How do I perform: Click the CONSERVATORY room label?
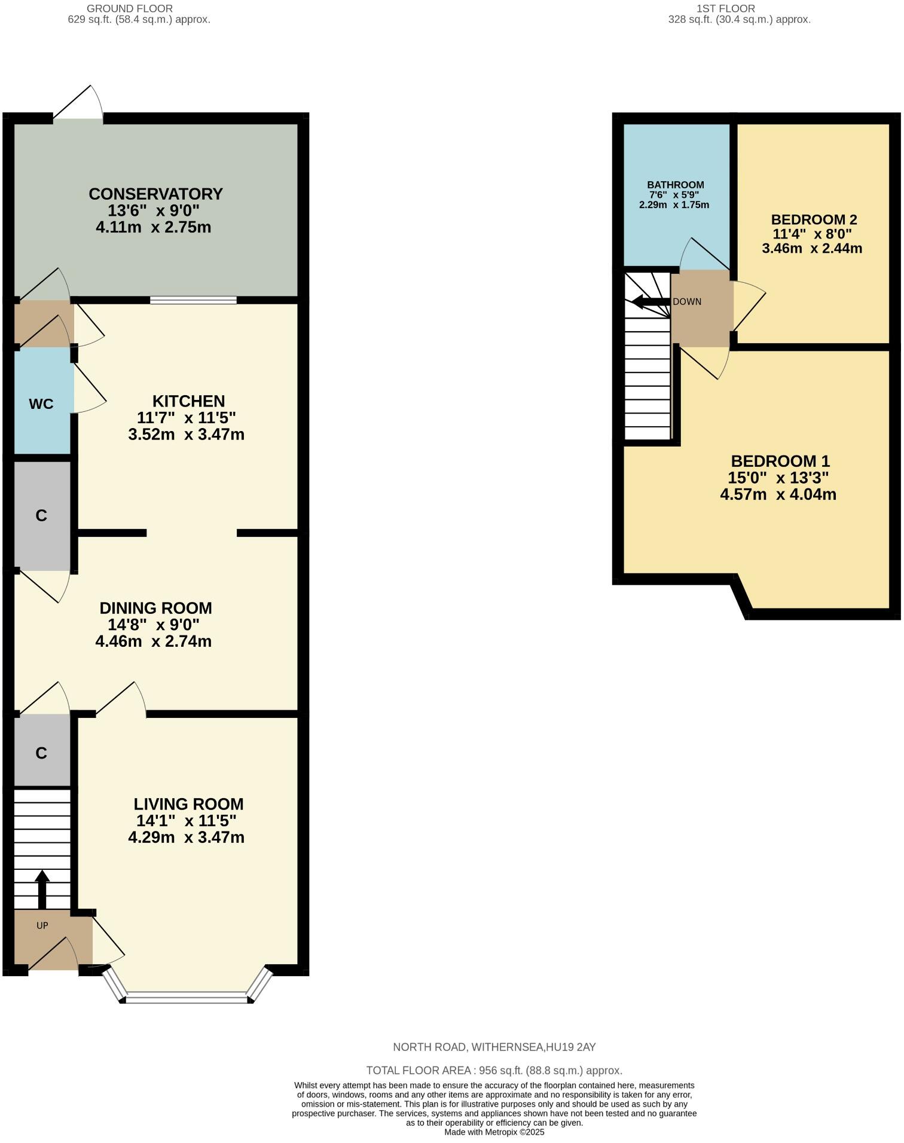pyautogui.click(x=155, y=194)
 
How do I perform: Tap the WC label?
pyautogui.click(x=41, y=404)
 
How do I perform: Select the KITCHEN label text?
pyautogui.click(x=188, y=401)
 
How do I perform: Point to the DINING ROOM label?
pyautogui.click(x=155, y=608)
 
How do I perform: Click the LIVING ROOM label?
pyautogui.click(x=188, y=804)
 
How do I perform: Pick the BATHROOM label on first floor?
pyautogui.click(x=675, y=185)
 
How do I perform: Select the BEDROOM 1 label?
pyautogui.click(x=780, y=462)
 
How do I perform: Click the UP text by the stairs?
pyautogui.click(x=42, y=925)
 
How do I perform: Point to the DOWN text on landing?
pyautogui.click(x=687, y=302)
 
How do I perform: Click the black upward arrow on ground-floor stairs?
pyautogui.click(x=42, y=888)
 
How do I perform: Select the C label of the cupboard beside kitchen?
pyautogui.click(x=41, y=515)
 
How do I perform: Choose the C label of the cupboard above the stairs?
pyautogui.click(x=41, y=753)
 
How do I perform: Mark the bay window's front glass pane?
pyautogui.click(x=187, y=997)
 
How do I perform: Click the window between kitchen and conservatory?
pyautogui.click(x=193, y=301)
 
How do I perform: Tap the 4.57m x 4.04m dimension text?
pyautogui.click(x=778, y=494)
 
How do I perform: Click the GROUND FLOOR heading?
pyautogui.click(x=130, y=8)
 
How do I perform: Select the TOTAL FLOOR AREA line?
pyautogui.click(x=494, y=1070)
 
